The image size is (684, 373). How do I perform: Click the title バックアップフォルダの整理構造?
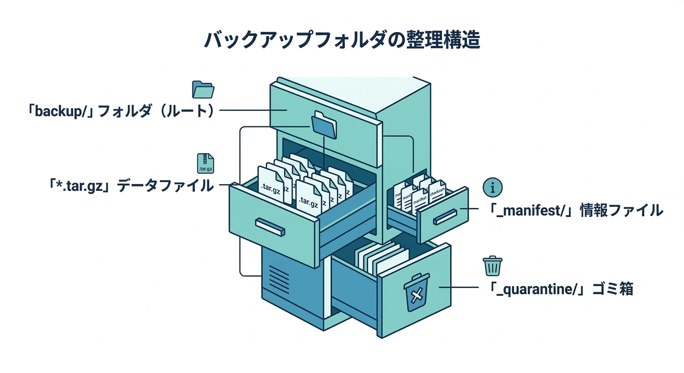click(342, 40)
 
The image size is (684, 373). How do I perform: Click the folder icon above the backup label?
click(203, 90)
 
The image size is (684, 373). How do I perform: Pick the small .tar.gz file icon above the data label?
click(205, 164)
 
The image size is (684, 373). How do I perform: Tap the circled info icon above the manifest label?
click(492, 187)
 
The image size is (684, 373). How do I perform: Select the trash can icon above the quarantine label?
click(492, 266)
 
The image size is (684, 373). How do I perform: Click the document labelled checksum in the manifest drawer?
click(437, 193)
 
